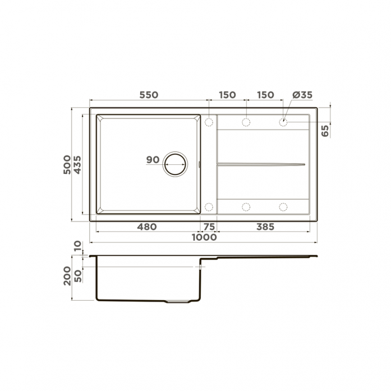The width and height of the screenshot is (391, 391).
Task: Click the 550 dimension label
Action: pyautogui.click(x=149, y=95)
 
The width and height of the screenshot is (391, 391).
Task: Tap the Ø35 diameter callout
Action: pyautogui.click(x=302, y=95)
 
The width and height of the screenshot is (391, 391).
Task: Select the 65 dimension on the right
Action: pyautogui.click(x=325, y=131)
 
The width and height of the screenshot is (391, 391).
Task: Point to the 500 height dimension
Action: pyautogui.click(x=67, y=164)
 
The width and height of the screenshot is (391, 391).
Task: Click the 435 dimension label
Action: pyautogui.click(x=77, y=164)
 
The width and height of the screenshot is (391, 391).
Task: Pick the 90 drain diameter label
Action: pyautogui.click(x=153, y=159)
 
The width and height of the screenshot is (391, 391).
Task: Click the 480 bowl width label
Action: pyautogui.click(x=147, y=227)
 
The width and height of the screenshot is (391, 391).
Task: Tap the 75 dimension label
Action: pyautogui.click(x=209, y=227)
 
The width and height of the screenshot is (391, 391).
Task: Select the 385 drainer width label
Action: pyautogui.click(x=265, y=227)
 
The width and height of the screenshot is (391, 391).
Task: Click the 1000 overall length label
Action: pyautogui.click(x=204, y=237)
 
